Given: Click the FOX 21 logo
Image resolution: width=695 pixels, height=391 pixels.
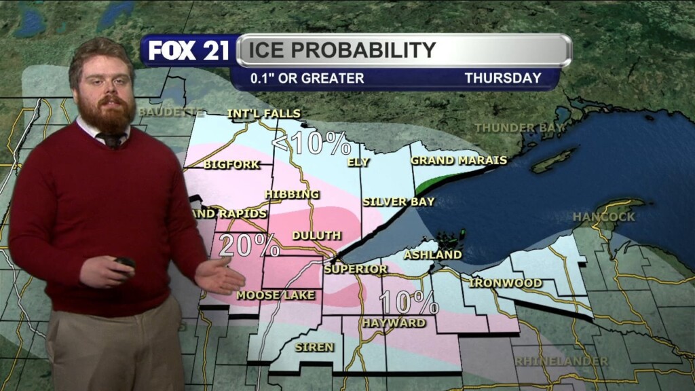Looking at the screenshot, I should (189, 51).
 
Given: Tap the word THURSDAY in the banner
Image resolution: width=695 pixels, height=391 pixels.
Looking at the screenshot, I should (502, 78).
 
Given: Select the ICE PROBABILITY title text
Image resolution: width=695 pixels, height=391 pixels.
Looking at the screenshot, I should (341, 50).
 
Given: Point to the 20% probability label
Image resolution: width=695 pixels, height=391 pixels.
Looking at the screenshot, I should (248, 245).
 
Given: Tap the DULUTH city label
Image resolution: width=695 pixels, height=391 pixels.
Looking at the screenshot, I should (316, 236).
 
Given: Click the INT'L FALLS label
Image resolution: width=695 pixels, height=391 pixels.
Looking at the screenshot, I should (263, 113).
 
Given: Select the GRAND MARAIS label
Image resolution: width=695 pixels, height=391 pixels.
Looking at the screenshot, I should (459, 161).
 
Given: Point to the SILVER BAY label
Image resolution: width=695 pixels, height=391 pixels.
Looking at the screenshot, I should (398, 202).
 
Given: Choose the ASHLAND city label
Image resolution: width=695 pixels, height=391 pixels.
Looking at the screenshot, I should (432, 255).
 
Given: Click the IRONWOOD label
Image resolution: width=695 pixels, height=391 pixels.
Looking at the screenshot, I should (506, 282).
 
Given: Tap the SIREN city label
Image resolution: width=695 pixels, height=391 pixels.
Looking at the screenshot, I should (314, 347).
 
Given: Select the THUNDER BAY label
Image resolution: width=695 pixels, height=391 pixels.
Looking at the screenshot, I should (520, 128).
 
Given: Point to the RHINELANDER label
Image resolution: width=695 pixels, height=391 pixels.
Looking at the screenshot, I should (561, 360).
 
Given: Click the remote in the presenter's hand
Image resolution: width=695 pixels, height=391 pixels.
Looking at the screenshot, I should (125, 262).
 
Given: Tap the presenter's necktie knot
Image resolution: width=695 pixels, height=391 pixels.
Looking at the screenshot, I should (112, 139).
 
